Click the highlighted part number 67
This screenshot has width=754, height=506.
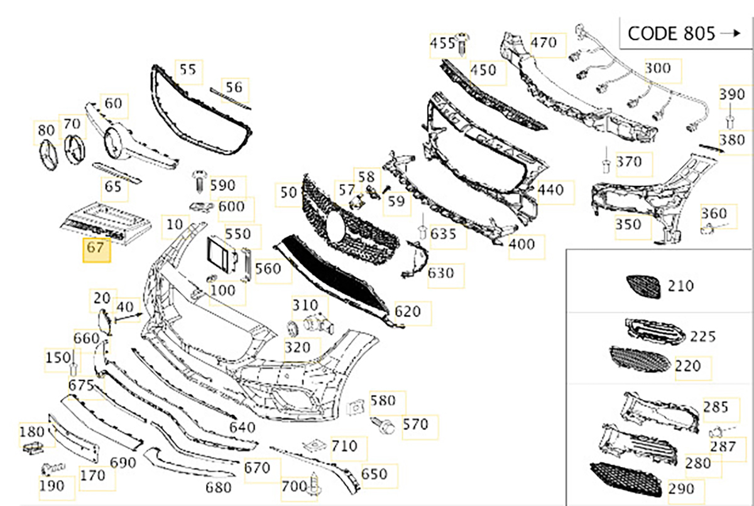pyautogui.click(x=96, y=248)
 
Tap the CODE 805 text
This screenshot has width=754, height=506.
pyautogui.click(x=671, y=34)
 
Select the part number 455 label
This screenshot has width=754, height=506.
pyautogui.click(x=442, y=43)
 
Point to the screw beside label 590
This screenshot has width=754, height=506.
pyautogui.click(x=200, y=181)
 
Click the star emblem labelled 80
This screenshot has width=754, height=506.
pyautogui.click(x=48, y=155)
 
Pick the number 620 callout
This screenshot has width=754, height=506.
pyautogui.click(x=408, y=311)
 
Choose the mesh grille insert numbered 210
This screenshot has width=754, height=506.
pyautogui.click(x=643, y=287)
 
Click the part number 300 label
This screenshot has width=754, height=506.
pyautogui.click(x=658, y=68)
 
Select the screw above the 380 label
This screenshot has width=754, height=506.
pyautogui.click(x=729, y=117)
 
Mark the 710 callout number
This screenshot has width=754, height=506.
pyautogui.click(x=345, y=446)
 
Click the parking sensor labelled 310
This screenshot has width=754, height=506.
pyautogui.click(x=318, y=325)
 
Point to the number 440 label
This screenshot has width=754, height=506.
pyautogui.click(x=550, y=190)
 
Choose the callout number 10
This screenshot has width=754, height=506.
pyautogui.click(x=175, y=225)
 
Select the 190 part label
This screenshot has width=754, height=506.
pyautogui.click(x=52, y=486)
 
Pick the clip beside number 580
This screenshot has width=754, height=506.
pyautogui.click(x=355, y=408)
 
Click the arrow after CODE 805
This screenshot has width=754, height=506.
pyautogui.click(x=730, y=34)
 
